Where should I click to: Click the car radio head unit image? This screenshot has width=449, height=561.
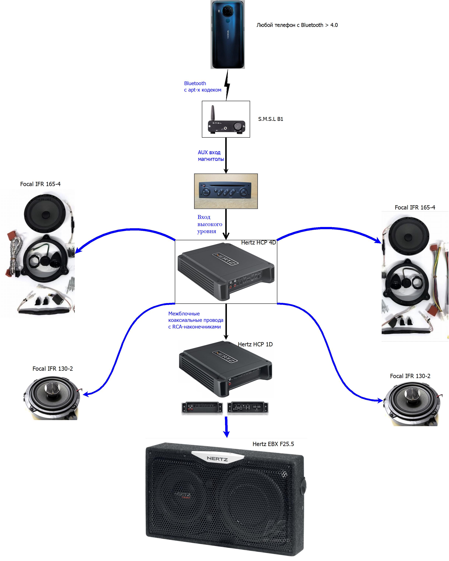[x=226, y=191]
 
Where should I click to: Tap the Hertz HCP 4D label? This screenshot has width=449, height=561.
[x=258, y=242]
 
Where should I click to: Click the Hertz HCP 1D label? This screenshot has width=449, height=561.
[x=255, y=344]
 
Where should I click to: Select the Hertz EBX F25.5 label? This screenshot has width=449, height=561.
[x=273, y=444]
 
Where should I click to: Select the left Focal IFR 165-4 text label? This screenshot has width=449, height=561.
[x=40, y=184]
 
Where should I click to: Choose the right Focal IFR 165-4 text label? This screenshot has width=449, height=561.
[x=415, y=208]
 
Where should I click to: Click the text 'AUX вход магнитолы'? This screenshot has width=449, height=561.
[x=211, y=156]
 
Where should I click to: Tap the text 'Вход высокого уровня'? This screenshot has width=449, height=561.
[x=209, y=224]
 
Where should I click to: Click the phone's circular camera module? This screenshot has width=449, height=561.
[x=228, y=11]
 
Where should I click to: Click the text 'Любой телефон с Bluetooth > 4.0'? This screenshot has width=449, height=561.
[x=297, y=25]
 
